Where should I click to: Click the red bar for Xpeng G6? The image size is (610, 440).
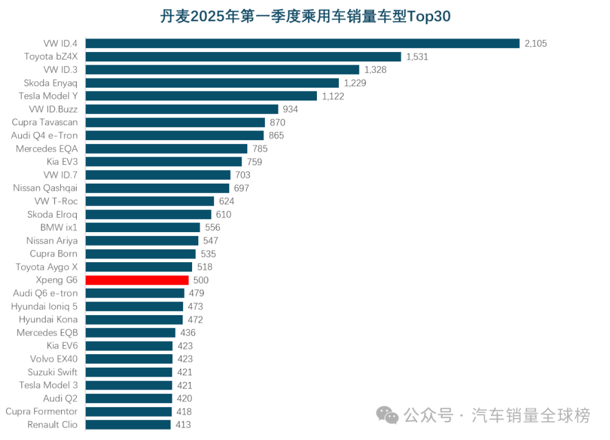pyautogui.click(x=137, y=280)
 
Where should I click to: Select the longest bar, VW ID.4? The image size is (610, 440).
pyautogui.click(x=302, y=43)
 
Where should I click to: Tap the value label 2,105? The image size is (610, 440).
pyautogui.click(x=536, y=43)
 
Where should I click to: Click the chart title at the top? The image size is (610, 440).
pyautogui.click(x=305, y=16)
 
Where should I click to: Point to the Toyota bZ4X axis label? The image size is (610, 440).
pyautogui.click(x=51, y=56)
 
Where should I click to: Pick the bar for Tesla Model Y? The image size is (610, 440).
pyautogui.click(x=201, y=96)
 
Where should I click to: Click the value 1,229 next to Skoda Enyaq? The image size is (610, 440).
pyautogui.click(x=355, y=83)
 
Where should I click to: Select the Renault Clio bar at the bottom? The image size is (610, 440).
pyautogui.click(x=128, y=425)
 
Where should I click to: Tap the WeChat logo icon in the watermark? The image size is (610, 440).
pyautogui.click(x=387, y=416)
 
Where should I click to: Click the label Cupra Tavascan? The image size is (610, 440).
pyautogui.click(x=45, y=122)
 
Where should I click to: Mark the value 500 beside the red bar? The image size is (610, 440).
pyautogui.click(x=201, y=280)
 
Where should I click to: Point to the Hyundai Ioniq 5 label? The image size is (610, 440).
pyautogui.click(x=45, y=306)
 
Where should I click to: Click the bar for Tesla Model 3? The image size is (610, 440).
pyautogui.click(x=129, y=385)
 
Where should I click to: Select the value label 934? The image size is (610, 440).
pyautogui.click(x=290, y=109)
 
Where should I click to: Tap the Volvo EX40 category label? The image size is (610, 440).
pyautogui.click(x=54, y=359)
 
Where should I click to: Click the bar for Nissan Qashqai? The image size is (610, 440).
pyautogui.click(x=157, y=188)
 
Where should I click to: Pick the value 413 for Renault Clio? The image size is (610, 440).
pyautogui.click(x=183, y=425)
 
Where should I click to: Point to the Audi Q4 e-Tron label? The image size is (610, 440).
pyautogui.click(x=45, y=136)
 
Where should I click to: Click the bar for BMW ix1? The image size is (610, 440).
pyautogui.click(x=142, y=227)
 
